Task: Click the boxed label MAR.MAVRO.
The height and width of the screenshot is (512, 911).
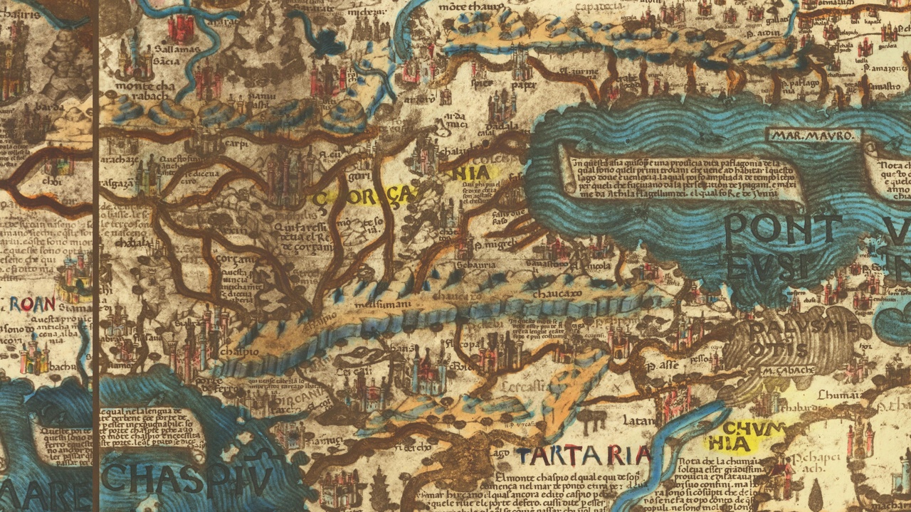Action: click(813, 134)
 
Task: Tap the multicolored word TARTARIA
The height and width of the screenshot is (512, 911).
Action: click(584, 455)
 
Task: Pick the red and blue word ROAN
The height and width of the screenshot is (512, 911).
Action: click(32, 304)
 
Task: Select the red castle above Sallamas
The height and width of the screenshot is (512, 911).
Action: click(182, 28)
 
